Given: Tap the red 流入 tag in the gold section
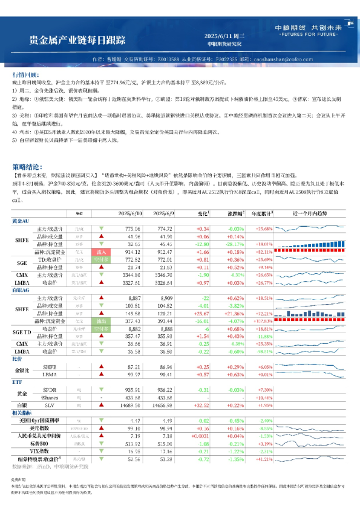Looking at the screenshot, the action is click(100, 268).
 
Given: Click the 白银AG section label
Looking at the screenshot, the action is click(21, 307).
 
